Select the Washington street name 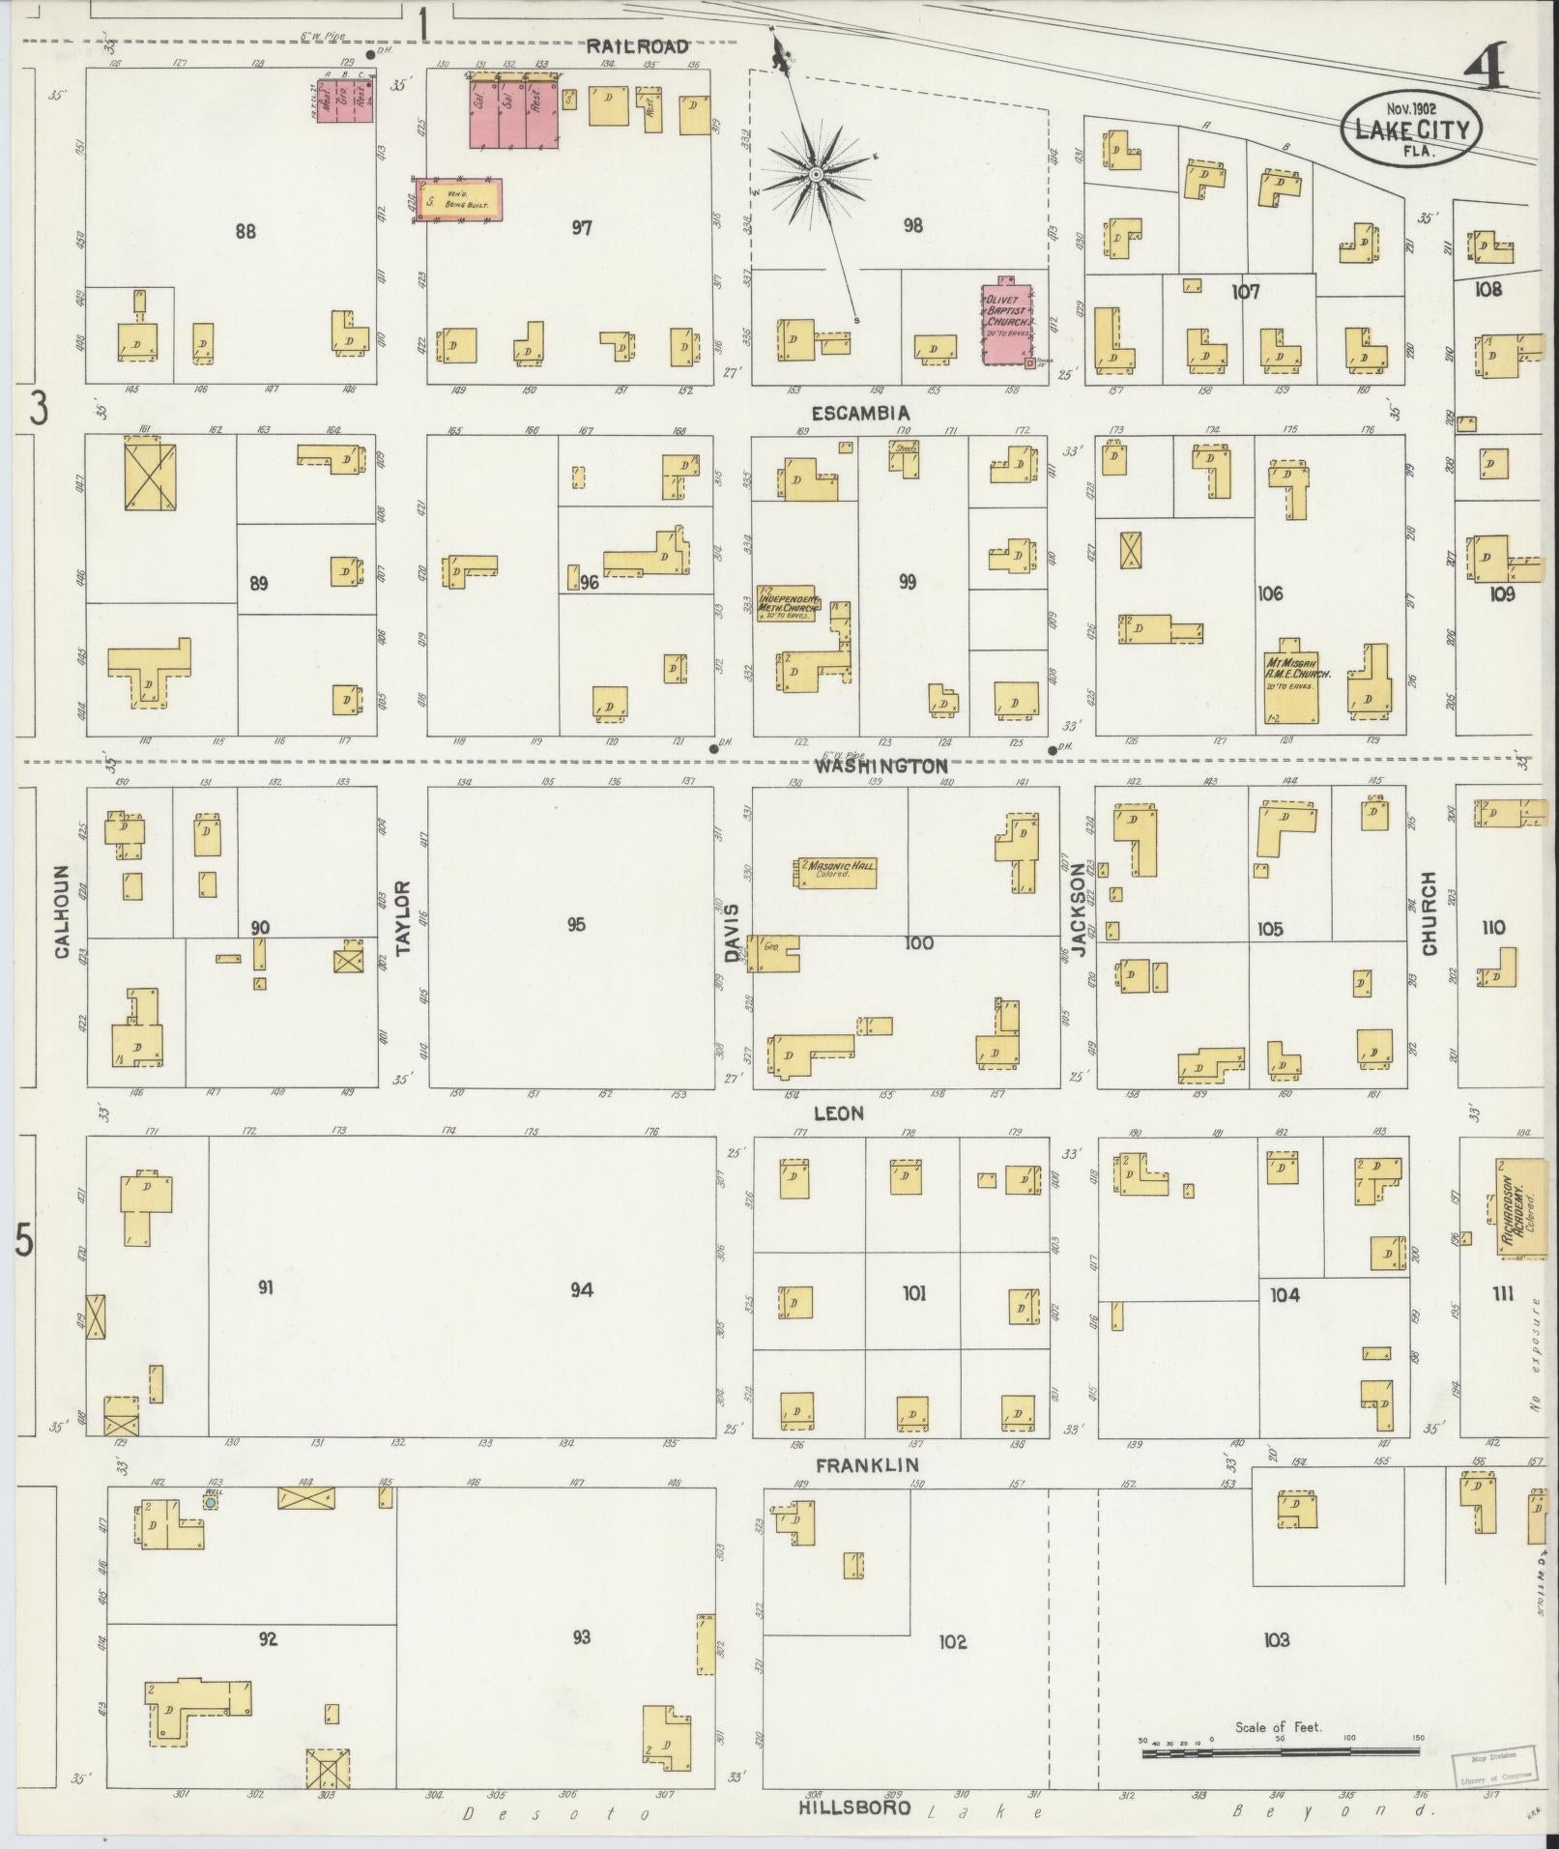(880, 766)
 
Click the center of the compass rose (817, 174)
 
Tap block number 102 (952, 1641)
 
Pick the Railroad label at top (637, 46)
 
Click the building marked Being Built (460, 200)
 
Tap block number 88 (245, 231)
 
